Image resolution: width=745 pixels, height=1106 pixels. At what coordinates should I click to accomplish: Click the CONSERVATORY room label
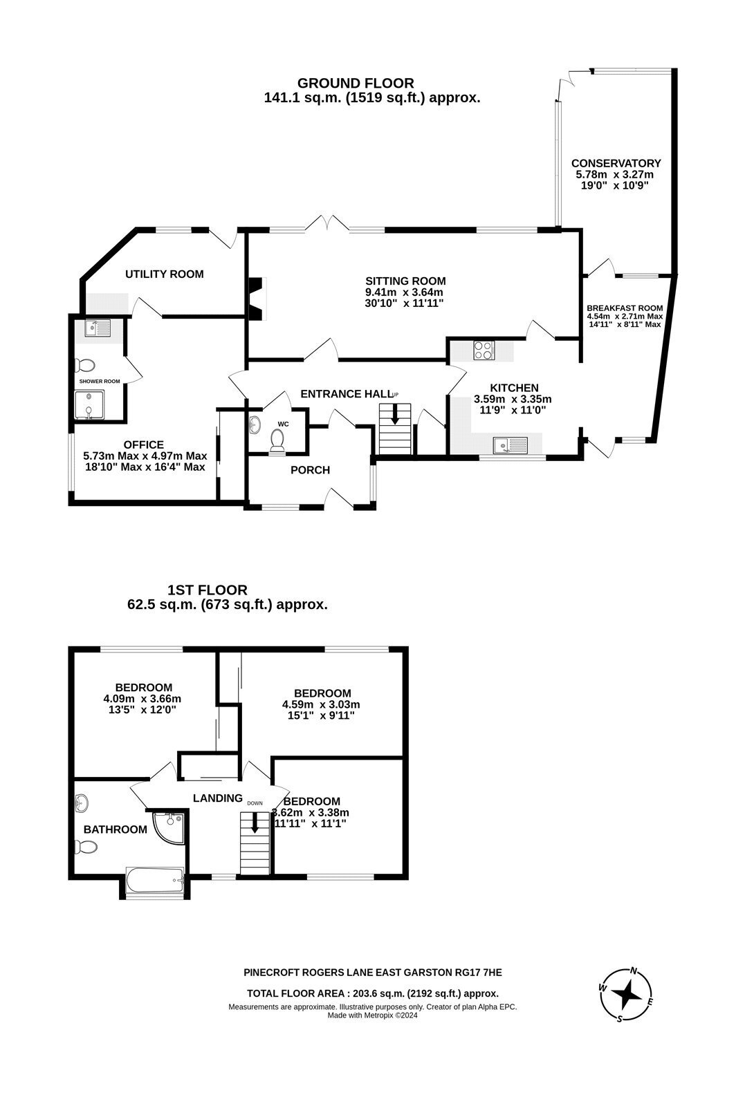point(616,163)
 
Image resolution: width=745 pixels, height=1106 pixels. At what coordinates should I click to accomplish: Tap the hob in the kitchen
point(484,350)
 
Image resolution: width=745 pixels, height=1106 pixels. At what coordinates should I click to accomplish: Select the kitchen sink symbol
point(511,445)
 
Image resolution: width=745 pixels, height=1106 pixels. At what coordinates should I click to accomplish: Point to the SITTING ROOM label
point(405,281)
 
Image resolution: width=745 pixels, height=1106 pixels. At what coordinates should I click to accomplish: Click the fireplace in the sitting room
point(257,299)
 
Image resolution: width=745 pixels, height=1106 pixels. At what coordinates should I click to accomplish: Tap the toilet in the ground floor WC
point(277,440)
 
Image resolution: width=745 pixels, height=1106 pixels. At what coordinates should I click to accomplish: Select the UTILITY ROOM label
point(164,274)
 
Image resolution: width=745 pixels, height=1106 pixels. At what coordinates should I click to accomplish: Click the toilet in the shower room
point(85,366)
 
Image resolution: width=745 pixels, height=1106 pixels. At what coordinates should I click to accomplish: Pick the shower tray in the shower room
point(89,405)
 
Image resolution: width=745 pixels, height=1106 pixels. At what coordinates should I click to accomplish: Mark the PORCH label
point(310,470)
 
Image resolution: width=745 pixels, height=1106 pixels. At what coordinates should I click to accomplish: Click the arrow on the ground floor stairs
point(395,414)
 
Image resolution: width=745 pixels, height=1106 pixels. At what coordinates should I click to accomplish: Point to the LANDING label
point(217,798)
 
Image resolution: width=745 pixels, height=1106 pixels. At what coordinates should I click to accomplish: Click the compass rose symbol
point(627,995)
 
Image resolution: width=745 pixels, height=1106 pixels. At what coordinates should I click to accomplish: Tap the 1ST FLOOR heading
point(207,590)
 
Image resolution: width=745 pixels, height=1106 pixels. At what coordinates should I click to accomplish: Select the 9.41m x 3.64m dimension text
point(404,292)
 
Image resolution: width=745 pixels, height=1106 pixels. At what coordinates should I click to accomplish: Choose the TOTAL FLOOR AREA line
point(372,993)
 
